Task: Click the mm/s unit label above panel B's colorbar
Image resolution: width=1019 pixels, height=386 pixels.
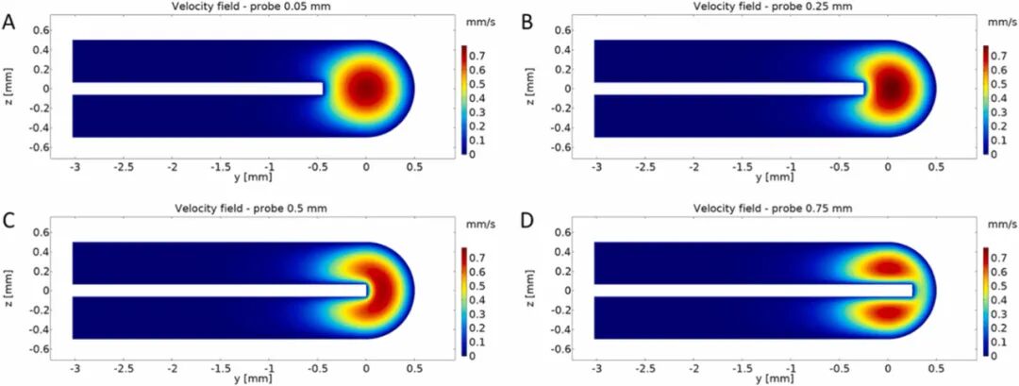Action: click(1000, 22)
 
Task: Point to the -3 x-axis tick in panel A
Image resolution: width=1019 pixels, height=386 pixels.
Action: click(73, 165)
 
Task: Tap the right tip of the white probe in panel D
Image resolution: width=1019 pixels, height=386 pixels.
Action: click(912, 291)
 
